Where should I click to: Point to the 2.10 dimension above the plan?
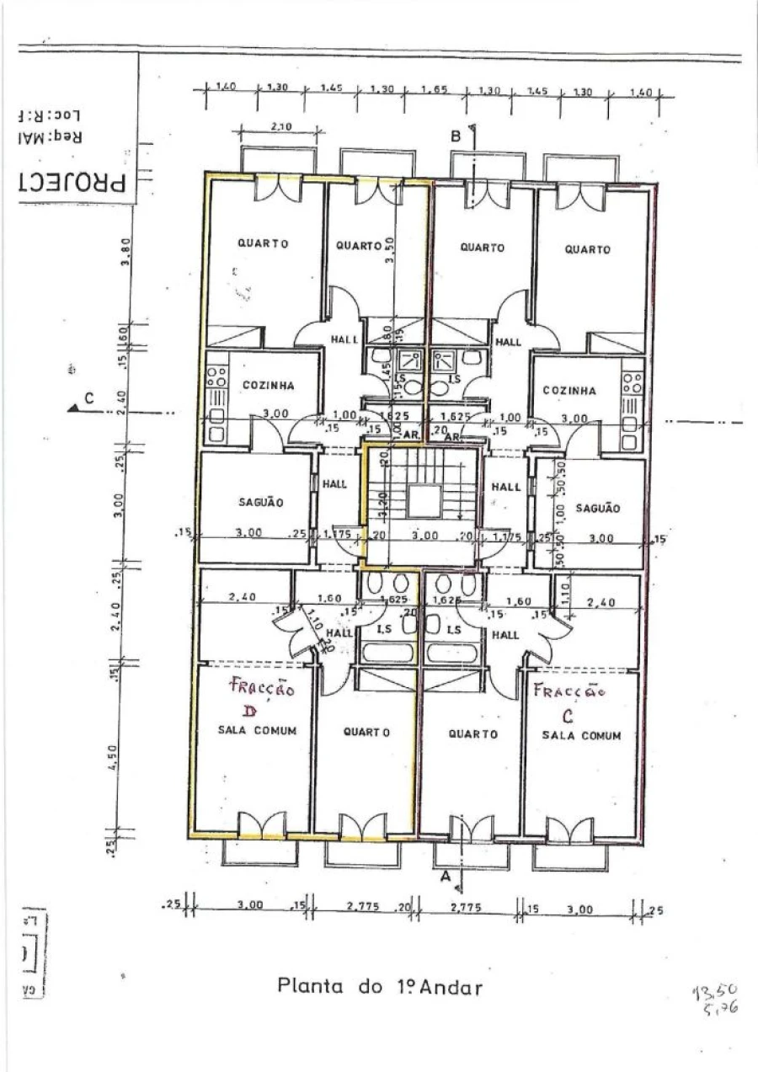coord(280,126)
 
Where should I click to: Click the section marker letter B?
coord(456,135)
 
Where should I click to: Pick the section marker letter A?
coord(446,877)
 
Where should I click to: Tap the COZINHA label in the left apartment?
coord(268,386)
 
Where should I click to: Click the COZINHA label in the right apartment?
coord(568,391)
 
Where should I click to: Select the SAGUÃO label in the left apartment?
coord(261,502)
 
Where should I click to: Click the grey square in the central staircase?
coord(424,501)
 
